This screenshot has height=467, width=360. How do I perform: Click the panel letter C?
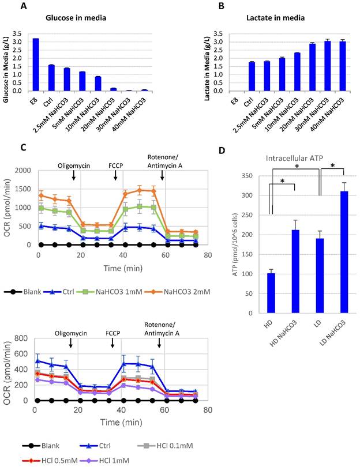pos(23,148)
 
